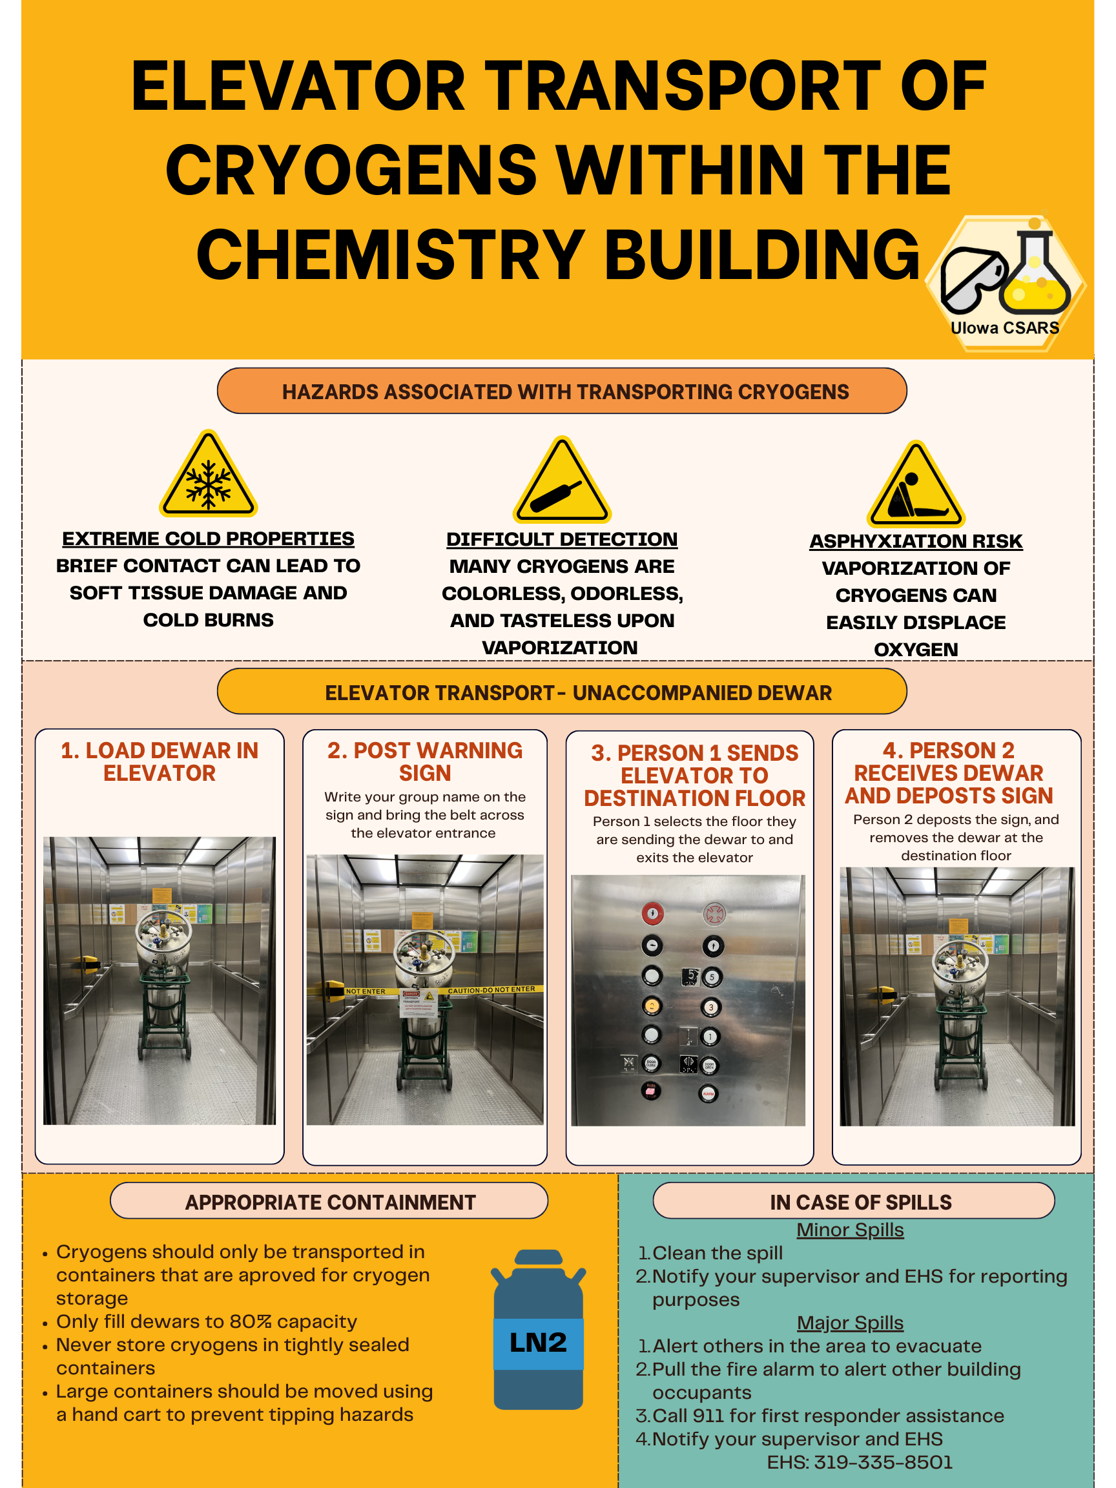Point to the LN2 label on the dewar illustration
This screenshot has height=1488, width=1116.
point(538,1342)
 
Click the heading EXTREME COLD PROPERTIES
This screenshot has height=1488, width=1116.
point(209,539)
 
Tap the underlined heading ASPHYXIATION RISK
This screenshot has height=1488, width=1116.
point(916,541)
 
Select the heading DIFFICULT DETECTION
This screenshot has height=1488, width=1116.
point(562,539)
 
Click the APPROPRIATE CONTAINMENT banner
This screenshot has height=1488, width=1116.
point(329,1201)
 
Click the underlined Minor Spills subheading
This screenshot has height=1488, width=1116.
point(850,1230)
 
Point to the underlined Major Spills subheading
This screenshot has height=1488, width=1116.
point(850,1323)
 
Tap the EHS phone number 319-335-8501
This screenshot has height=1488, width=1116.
point(883,1462)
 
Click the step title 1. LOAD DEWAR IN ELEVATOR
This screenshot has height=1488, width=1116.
point(160,761)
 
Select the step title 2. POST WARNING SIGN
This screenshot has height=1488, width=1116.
point(424,761)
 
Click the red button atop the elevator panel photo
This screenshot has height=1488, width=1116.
point(652,913)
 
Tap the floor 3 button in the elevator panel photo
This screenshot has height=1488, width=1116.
point(711,1007)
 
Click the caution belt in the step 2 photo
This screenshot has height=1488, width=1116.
point(491,989)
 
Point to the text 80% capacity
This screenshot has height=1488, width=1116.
point(293,1321)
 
